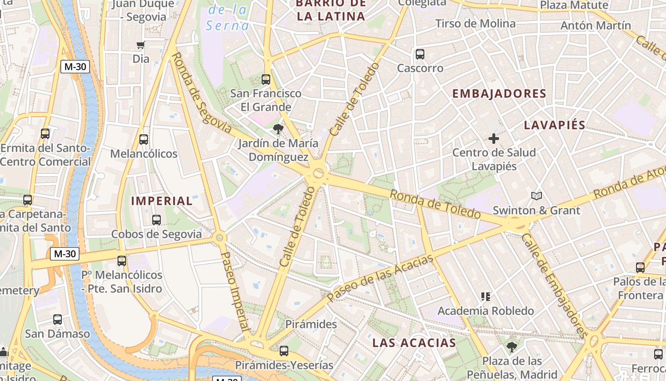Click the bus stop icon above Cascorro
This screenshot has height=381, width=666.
[420, 54]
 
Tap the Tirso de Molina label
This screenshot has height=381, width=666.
[475, 24]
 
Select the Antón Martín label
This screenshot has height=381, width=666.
[596, 25]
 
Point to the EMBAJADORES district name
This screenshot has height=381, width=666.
[499, 94]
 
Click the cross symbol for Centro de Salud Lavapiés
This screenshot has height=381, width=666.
[494, 139]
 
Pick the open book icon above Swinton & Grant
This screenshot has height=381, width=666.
[536, 196]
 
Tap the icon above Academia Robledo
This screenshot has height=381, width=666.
[485, 297]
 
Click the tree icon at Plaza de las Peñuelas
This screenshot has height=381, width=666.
[512, 347]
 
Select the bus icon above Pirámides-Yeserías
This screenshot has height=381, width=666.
[284, 351]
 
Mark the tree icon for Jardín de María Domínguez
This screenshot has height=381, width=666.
[278, 129]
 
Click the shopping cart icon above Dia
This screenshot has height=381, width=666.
[140, 45]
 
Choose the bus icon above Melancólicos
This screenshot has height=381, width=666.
[144, 140]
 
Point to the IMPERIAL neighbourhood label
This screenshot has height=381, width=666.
[162, 201]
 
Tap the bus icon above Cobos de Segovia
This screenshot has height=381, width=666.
[157, 220]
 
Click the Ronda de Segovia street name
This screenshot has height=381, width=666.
[200, 93]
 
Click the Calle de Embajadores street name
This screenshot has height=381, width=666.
[555, 286]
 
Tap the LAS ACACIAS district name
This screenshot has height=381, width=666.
[414, 342]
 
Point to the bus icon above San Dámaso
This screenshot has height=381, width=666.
[58, 320]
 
